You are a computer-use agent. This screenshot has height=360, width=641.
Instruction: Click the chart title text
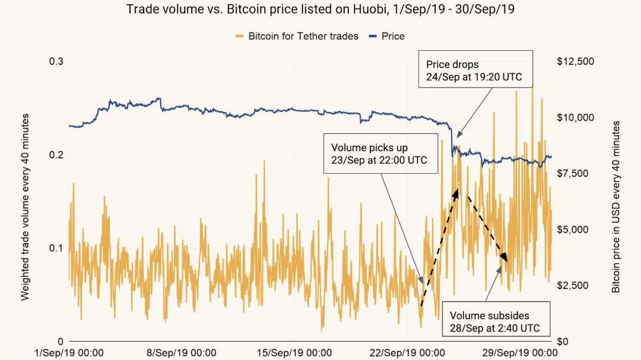pos(320,9)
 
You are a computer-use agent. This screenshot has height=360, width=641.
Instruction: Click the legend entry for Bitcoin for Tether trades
pos(303,36)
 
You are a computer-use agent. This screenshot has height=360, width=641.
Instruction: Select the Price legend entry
pos(392,36)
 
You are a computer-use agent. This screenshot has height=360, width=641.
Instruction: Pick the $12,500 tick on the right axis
pos(576,62)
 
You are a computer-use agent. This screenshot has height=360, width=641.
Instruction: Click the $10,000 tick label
pos(576,117)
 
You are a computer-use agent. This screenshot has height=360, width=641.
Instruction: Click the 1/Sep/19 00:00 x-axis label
pos(69,353)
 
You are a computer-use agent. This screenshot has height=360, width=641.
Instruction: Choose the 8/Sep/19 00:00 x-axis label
pos(182,353)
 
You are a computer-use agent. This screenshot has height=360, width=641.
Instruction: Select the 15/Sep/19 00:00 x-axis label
pos(294,353)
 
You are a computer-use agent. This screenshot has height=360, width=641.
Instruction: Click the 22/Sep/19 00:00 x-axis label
pos(407,353)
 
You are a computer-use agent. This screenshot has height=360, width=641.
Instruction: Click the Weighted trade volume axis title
pos(26,208)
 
